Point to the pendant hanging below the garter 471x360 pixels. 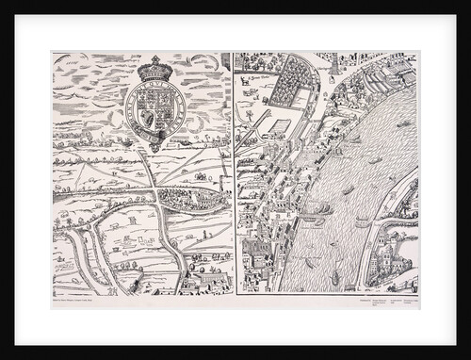[151, 142]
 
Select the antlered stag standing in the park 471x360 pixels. [248, 81]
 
